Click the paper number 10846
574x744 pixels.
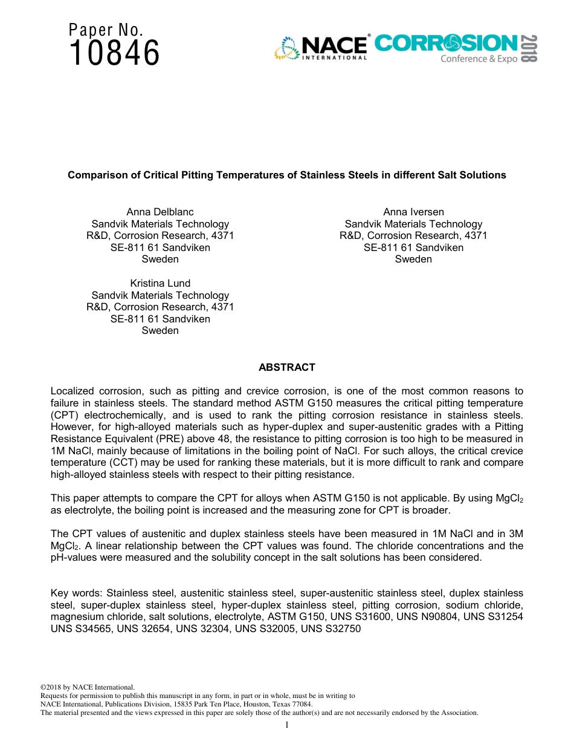(115, 53)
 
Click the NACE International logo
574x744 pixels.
(321, 48)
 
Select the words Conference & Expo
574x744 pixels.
(479, 59)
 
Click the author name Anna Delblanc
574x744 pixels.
(160, 212)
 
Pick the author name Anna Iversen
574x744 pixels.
(413, 212)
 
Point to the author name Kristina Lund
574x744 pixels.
(160, 283)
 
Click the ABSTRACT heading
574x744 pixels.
(287, 367)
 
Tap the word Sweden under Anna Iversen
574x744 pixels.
(413, 259)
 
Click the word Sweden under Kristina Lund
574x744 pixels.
(160, 330)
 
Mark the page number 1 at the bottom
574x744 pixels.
(287, 725)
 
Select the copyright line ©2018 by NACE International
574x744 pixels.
(87, 687)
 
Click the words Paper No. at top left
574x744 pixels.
(106, 30)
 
